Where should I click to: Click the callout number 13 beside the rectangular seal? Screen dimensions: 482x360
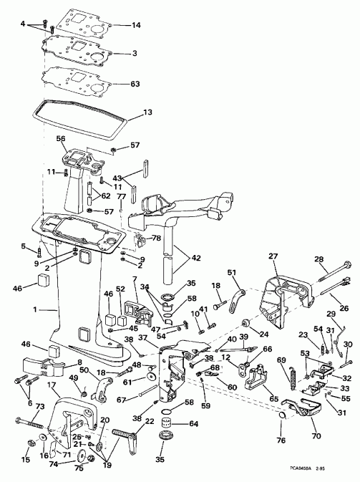point(147,112)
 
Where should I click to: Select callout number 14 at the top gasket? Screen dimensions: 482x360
point(137,25)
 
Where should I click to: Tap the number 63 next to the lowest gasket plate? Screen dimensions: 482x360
point(135,83)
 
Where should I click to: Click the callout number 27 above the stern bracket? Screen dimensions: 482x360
point(273,256)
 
